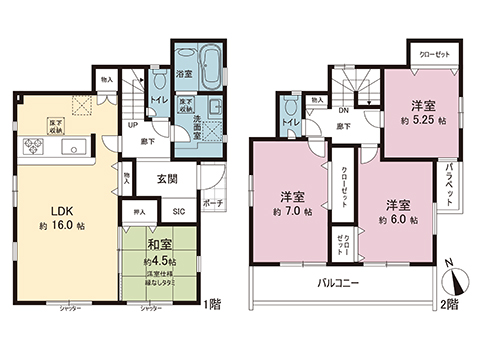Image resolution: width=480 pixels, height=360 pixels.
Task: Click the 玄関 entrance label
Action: [x=166, y=180]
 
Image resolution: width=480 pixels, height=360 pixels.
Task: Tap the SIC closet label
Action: [x=179, y=212]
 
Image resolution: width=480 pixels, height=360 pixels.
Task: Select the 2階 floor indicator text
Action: [x=452, y=303]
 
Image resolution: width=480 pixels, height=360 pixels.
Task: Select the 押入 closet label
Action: [x=140, y=213]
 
